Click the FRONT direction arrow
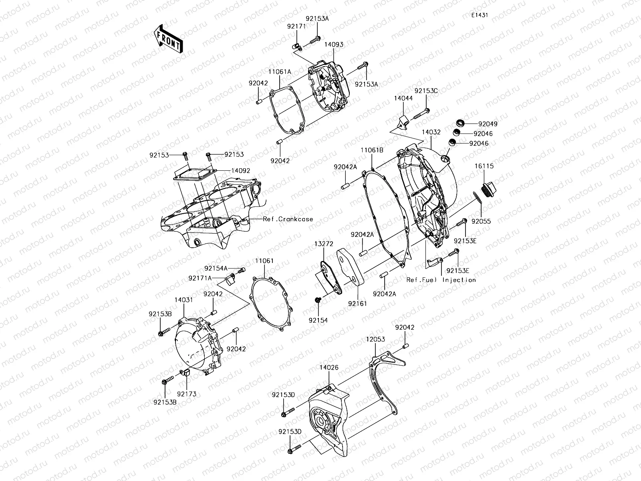[168, 39]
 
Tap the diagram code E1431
[479, 15]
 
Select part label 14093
[334, 45]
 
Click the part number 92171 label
[296, 26]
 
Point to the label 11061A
[280, 71]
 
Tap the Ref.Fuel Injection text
[441, 280]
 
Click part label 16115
[484, 166]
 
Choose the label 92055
[481, 221]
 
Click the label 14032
[431, 131]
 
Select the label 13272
[324, 244]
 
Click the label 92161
[357, 304]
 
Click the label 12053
[375, 340]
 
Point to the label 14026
[329, 367]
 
